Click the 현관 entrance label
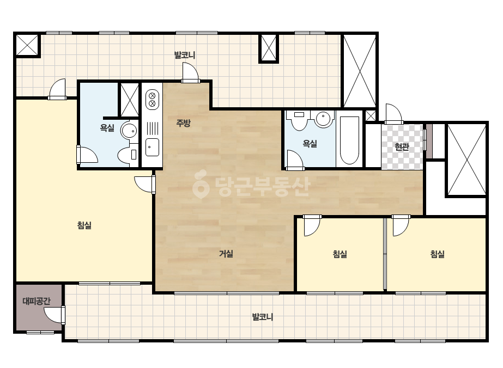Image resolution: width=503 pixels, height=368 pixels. pos(402,147)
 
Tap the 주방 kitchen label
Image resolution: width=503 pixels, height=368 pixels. pos(183,122)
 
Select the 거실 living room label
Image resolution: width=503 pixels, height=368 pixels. pos(226,254)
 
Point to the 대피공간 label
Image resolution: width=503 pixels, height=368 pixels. pos(37,301)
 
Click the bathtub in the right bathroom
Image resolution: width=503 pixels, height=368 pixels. pos(349,140)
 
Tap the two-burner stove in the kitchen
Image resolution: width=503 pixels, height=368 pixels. pos(152,100)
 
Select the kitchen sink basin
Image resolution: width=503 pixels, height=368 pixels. pos(152,147)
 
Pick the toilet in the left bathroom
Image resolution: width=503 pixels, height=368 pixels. pos(128,155)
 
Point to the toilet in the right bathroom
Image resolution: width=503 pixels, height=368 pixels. pos(299,120)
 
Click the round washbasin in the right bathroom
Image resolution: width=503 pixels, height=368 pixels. pos(323,119)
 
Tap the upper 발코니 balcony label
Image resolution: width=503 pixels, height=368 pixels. pos(184,55)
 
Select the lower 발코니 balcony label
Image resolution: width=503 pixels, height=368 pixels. pos(263,317)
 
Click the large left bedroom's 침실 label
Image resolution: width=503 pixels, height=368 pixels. pos(84,225)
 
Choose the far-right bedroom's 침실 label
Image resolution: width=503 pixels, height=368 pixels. pos(437,254)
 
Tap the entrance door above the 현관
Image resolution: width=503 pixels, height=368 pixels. pos(394,114)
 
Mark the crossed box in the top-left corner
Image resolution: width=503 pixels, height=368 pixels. pos(27,45)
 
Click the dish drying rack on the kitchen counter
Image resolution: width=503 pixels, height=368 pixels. pos(152,128)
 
